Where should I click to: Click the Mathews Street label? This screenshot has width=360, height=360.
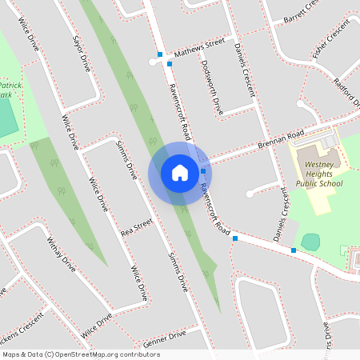[x=200, y=46]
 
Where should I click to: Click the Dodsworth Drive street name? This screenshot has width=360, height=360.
[x=217, y=87]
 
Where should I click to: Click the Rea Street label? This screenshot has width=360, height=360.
[x=136, y=228]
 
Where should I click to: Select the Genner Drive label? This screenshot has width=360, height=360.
[x=164, y=338]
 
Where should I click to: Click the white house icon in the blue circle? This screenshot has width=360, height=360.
[x=179, y=172]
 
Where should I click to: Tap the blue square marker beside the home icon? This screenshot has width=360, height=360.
[x=203, y=171]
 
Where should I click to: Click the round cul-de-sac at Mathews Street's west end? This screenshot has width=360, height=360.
[x=152, y=61]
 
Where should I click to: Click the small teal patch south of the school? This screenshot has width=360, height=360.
[x=310, y=241]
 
